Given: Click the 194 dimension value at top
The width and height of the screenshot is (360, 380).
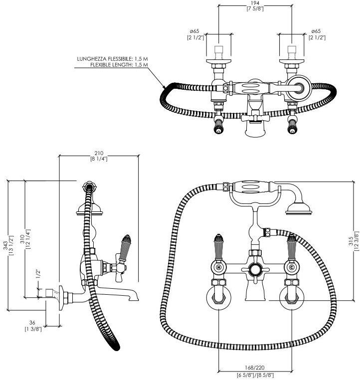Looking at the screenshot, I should click(254, 3).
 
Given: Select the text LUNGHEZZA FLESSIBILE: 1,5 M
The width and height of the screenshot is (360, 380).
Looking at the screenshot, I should click(113, 59).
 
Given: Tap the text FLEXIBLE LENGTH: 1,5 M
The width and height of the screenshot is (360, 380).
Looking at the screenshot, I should click(119, 65).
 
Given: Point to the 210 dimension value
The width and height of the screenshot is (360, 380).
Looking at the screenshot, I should click(99, 153).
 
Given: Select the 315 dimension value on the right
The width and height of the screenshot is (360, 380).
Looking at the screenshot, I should click(351, 240).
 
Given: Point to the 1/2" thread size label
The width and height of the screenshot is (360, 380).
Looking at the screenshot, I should click(37, 273).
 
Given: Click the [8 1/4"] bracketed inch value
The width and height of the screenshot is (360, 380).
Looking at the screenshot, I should click(99, 159).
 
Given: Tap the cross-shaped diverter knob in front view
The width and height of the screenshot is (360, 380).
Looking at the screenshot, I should click(255, 271).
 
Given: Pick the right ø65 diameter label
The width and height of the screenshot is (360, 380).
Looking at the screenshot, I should click(317, 31).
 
